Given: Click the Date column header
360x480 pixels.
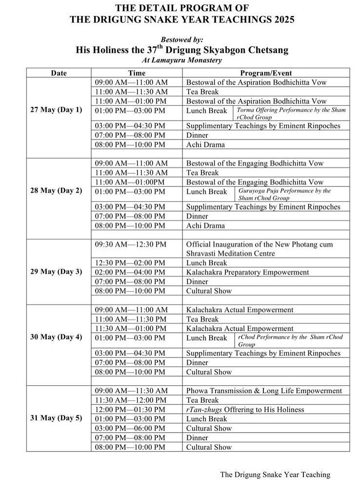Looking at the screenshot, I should (x=59, y=73).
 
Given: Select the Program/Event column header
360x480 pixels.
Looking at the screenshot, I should (x=266, y=73).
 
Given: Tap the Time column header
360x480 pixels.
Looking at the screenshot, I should (x=137, y=73).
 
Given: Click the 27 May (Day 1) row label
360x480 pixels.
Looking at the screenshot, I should (x=56, y=110).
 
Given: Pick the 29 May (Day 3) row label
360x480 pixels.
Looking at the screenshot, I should (x=56, y=272).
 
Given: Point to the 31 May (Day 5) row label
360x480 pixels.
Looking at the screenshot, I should (x=56, y=418).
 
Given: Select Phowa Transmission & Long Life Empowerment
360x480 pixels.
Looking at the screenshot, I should (x=264, y=391).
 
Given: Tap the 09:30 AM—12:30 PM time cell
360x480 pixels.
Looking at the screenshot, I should (x=131, y=244).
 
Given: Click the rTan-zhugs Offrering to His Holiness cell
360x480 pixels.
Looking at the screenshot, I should (x=245, y=409).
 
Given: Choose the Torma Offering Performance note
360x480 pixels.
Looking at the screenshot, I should (x=292, y=113).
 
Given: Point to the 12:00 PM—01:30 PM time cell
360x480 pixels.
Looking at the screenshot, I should (x=131, y=409).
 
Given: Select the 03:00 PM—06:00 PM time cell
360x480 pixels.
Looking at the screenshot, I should (x=131, y=428).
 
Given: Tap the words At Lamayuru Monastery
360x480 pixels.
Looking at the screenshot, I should (x=182, y=60).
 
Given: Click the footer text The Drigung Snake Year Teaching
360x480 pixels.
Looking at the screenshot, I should (x=275, y=474).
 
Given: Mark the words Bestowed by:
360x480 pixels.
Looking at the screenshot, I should (x=182, y=40).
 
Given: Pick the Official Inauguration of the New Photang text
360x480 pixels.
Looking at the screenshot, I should (x=266, y=244).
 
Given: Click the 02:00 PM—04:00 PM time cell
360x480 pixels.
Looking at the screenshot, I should (x=131, y=272).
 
